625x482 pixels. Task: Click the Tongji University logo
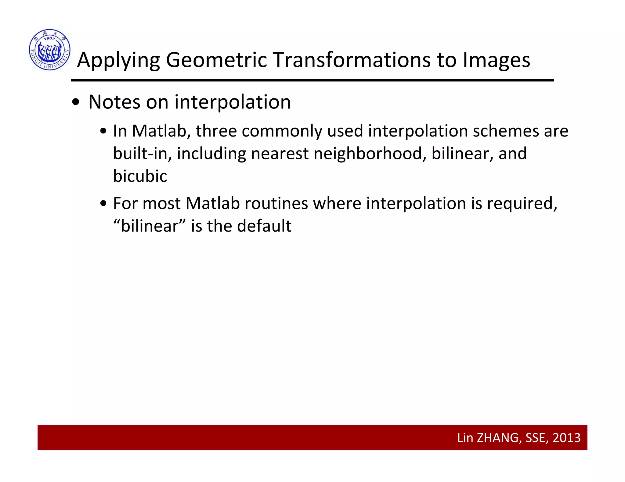pos(50,50)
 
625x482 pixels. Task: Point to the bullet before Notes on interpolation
pos(75,103)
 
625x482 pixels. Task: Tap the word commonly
pos(282,132)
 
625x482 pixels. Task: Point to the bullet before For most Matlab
pos(103,204)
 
